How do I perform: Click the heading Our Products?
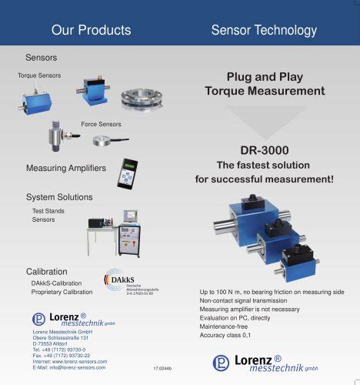(91, 30)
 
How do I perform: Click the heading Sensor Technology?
(264, 30)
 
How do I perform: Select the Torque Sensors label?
(39, 75)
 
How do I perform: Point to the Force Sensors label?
(101, 124)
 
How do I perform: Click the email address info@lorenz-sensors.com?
(69, 367)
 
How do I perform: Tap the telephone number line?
(63, 348)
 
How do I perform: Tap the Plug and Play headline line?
(264, 77)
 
